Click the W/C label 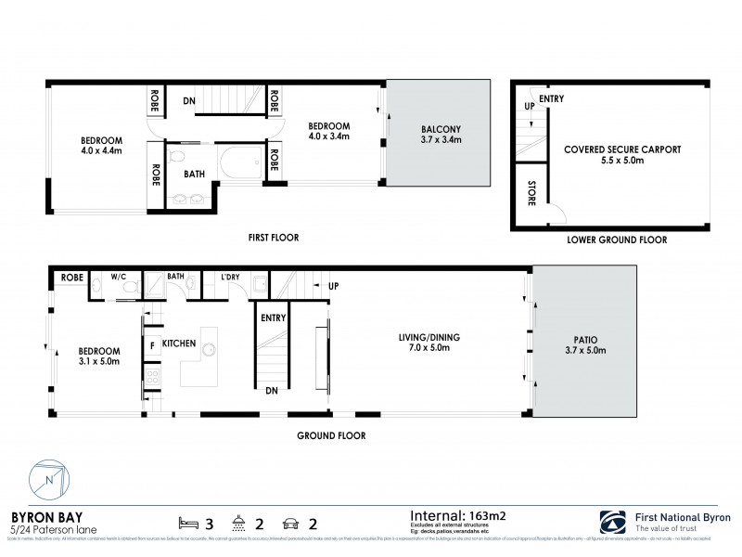[x=119, y=276]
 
